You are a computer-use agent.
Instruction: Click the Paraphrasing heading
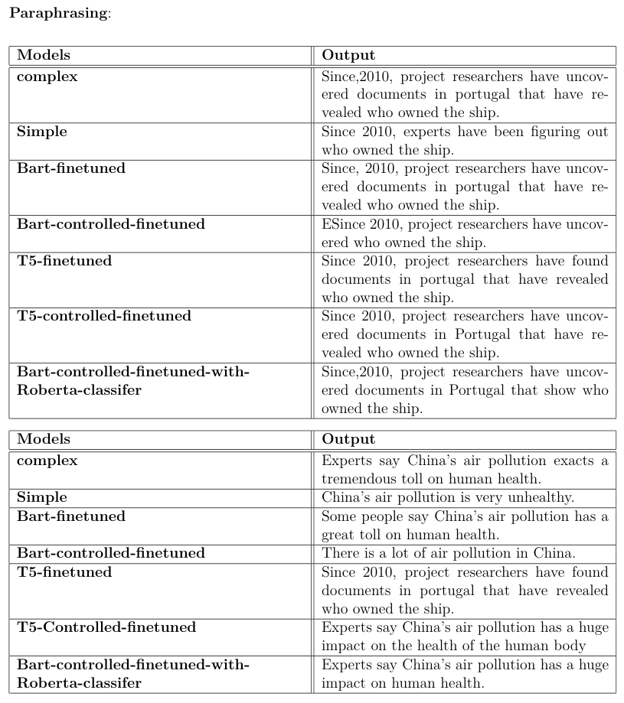coord(59,14)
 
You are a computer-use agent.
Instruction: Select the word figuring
coord(535,132)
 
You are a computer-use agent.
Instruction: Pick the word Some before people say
coord(338,517)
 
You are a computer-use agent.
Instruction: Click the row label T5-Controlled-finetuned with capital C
coord(106,628)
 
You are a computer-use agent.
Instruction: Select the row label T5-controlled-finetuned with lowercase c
coord(104,316)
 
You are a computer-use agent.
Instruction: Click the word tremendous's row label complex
coord(47,461)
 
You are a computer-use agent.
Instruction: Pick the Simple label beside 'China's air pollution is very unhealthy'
coord(42,498)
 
